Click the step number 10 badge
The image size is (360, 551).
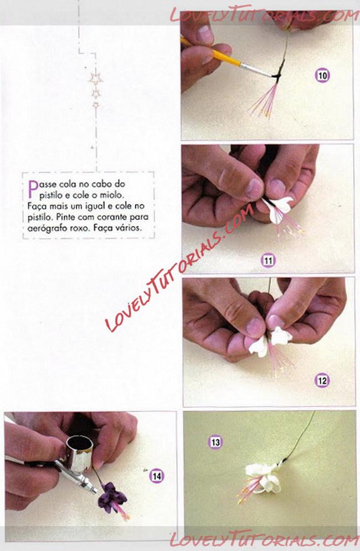pyautogui.click(x=322, y=75)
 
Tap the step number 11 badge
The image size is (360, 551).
pyautogui.click(x=268, y=260)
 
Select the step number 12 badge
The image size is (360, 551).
pyautogui.click(x=322, y=380)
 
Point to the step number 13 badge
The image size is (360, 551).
pyautogui.click(x=215, y=442)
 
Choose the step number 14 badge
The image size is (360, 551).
pyautogui.click(x=156, y=476)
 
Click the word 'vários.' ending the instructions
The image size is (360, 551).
pyautogui.click(x=130, y=228)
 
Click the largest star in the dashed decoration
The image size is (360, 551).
pyautogui.click(x=96, y=79)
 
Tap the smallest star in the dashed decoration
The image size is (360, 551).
pyautogui.click(x=95, y=105)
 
